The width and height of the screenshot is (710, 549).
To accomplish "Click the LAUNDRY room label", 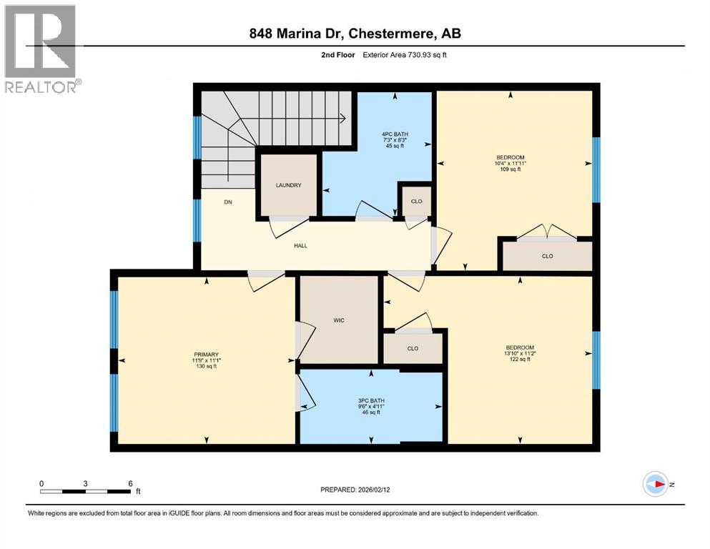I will tap(288, 185).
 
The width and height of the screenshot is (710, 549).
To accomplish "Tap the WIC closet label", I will tap(339, 320).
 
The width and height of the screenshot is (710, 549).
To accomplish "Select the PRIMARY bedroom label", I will tap(206, 355).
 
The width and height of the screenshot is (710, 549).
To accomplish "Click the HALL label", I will tap(300, 245).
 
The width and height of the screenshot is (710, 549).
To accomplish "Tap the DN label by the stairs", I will tap(228, 202).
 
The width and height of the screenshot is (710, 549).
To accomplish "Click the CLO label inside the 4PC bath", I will tap(416, 202).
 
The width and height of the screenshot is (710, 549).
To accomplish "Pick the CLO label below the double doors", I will tap(547, 256).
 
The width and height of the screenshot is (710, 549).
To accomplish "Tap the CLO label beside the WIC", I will tap(412, 349).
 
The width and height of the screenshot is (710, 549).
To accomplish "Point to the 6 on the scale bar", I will tap(130, 484).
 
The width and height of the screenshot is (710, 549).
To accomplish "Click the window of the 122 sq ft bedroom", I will tap(595, 360).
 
